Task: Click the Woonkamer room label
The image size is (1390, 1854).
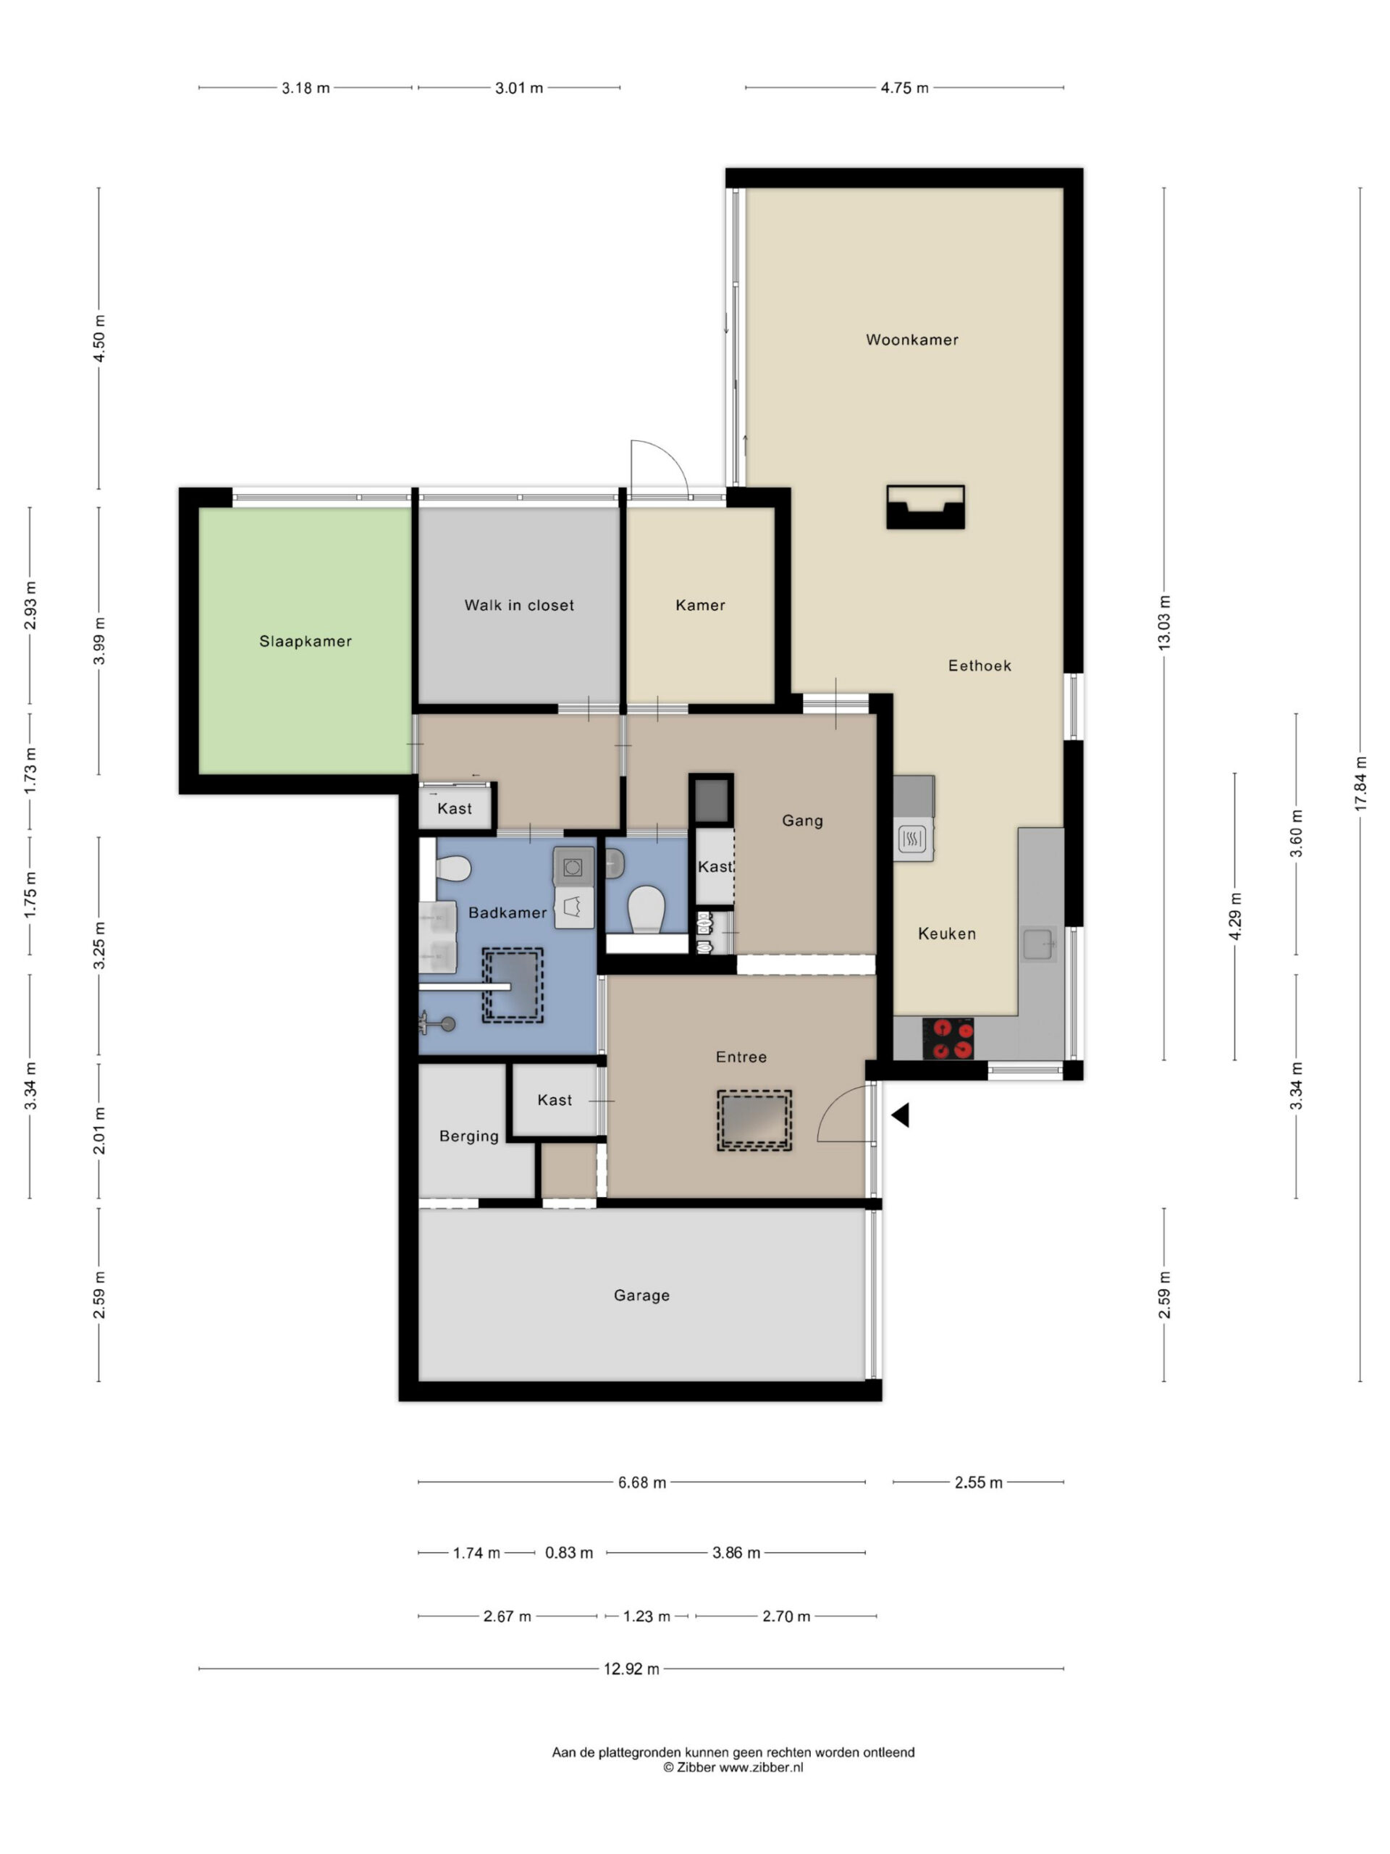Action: click(911, 340)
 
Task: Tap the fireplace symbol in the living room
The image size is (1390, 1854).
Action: click(925, 507)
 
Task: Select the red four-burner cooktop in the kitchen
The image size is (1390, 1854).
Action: click(948, 1038)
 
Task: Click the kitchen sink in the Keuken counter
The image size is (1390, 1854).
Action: click(1038, 944)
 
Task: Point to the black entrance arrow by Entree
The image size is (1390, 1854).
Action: click(900, 1115)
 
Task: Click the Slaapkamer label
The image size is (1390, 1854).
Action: click(305, 641)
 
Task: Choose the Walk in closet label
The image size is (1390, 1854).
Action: click(520, 605)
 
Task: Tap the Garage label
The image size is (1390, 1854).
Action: click(642, 1295)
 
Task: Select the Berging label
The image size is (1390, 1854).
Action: click(469, 1136)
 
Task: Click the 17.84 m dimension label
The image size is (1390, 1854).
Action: click(1360, 783)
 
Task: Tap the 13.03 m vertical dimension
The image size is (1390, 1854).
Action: click(1164, 623)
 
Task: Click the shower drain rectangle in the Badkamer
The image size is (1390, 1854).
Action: click(512, 986)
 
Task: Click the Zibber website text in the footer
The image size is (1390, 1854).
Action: click(733, 1768)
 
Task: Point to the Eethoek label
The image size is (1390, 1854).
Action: click(980, 666)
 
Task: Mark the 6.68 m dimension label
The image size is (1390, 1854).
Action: click(642, 1482)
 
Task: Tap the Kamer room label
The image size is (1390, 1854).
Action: click(701, 605)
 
